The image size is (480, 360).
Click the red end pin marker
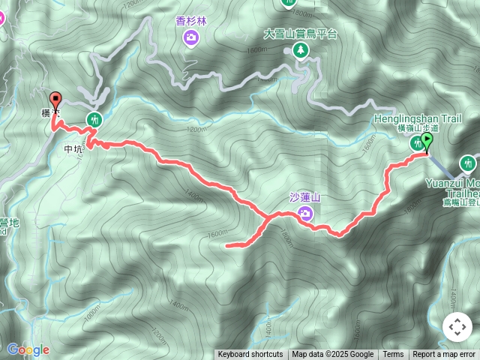[x=55, y=100]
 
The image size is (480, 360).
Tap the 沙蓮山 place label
[x=304, y=198]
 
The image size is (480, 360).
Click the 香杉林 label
[x=191, y=21]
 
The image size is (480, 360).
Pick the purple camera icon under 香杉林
[x=192, y=36]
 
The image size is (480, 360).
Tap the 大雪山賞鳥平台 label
[x=301, y=34]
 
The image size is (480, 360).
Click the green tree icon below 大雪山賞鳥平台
[x=301, y=50]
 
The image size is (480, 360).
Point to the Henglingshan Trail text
[x=418, y=118]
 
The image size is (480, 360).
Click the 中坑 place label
[x=73, y=148]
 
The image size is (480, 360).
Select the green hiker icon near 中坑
[x=94, y=118]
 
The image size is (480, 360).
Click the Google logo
[x=28, y=349]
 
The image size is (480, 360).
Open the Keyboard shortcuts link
[x=250, y=355]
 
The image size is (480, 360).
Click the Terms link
[x=393, y=355]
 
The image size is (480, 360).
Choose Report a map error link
[x=444, y=355]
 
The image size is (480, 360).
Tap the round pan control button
[x=457, y=327]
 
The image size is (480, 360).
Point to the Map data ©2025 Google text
[x=333, y=355]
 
